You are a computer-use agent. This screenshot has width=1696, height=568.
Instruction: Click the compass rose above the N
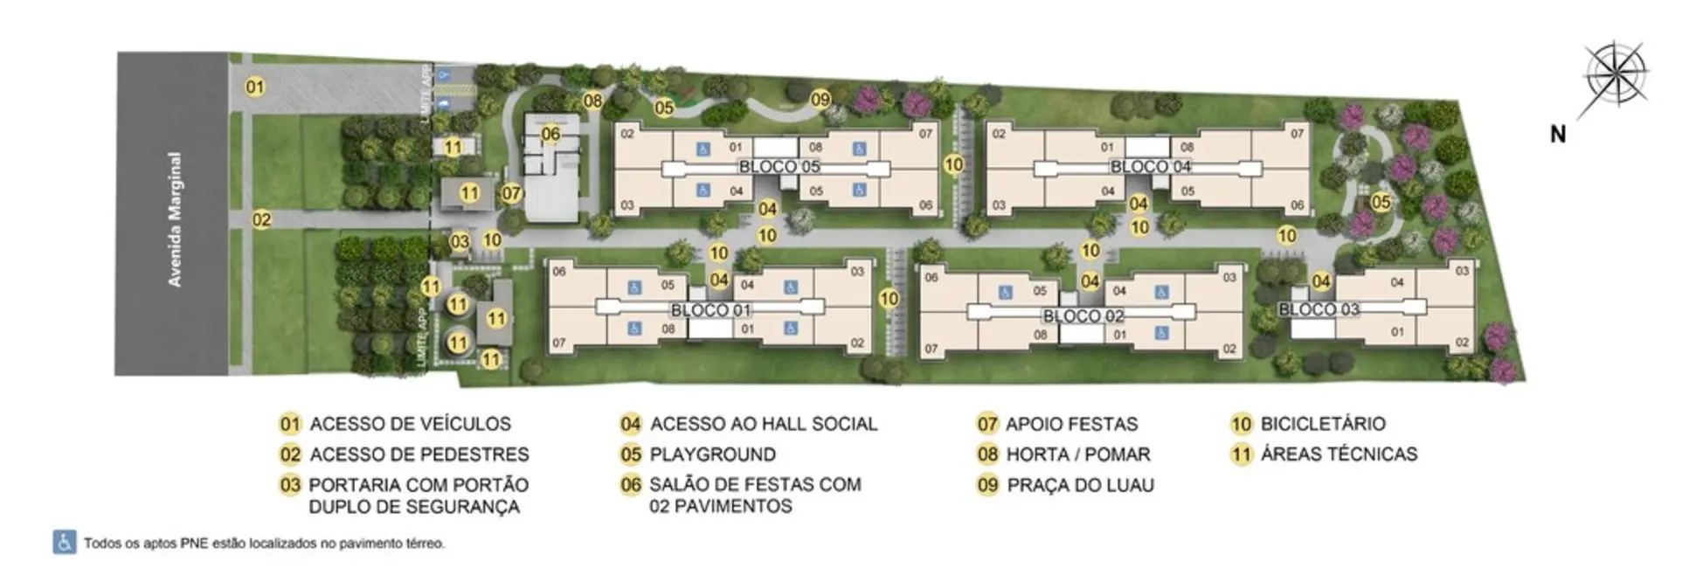point(1616,74)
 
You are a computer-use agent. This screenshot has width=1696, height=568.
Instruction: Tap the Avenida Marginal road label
point(176,219)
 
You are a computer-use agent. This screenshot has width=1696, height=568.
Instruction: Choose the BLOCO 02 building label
point(1083,315)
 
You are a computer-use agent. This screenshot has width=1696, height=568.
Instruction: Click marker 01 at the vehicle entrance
point(254,87)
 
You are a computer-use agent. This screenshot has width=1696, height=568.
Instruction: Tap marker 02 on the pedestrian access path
point(261,219)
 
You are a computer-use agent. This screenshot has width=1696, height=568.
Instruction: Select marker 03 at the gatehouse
point(460,241)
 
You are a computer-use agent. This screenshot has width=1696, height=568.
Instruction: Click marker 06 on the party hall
point(550,134)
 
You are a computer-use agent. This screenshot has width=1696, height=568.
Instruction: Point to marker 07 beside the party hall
point(511,193)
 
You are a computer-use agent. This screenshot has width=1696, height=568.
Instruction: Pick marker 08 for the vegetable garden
point(593,100)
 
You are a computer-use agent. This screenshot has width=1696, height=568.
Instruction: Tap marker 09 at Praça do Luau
point(820,100)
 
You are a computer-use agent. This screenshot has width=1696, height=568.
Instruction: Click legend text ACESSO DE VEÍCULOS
point(410,424)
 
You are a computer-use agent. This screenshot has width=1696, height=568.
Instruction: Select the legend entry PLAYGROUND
point(712,454)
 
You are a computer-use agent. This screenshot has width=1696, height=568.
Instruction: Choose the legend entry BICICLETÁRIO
point(1322,424)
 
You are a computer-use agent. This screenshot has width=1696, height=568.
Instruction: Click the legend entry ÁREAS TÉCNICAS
point(1339,454)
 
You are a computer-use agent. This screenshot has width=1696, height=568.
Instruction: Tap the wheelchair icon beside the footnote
point(64,543)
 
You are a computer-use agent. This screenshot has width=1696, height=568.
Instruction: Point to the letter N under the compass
point(1557,135)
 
